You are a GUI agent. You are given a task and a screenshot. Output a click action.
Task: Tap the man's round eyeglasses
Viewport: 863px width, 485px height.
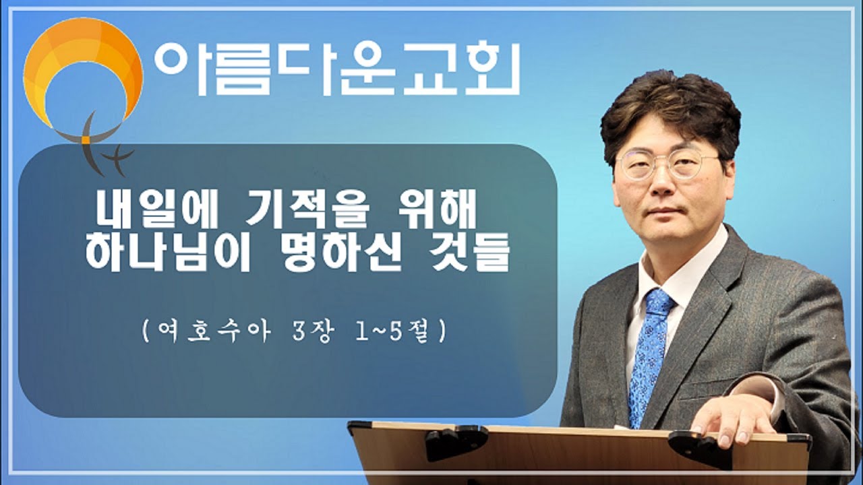point(667,164)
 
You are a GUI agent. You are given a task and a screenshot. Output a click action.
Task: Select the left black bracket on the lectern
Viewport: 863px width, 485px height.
point(456,441)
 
